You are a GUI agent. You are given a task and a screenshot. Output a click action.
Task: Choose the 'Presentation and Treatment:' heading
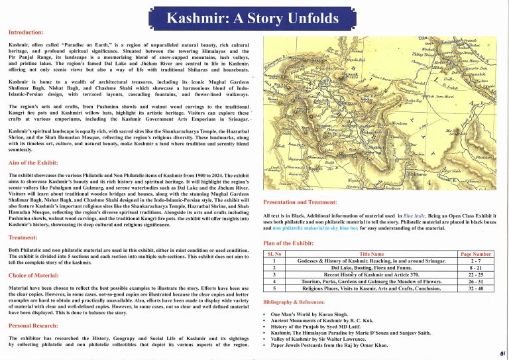tap(304, 201)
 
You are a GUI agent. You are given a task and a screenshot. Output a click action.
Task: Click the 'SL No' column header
tap(273, 253)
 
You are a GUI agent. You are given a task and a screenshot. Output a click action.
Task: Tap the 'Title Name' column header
tap(371, 253)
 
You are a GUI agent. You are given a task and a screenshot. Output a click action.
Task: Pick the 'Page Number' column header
tap(475, 253)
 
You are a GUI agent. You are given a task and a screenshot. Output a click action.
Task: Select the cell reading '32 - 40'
tap(475, 289)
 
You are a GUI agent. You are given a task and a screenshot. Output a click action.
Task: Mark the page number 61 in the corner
tap(504, 354)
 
